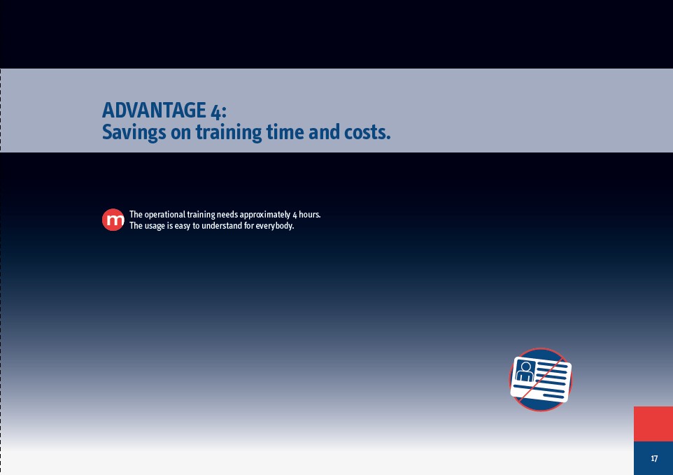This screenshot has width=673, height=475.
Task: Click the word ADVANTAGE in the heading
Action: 154,111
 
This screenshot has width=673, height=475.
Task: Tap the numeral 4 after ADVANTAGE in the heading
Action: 216,111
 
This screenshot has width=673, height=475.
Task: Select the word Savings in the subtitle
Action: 134,132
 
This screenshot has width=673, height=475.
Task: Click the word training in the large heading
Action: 229,132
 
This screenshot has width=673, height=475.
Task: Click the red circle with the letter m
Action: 113,220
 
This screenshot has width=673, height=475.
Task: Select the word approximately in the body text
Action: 265,215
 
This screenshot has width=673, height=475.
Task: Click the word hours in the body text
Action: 309,214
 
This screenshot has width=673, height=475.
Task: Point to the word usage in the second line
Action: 155,226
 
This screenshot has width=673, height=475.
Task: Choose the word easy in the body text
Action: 183,226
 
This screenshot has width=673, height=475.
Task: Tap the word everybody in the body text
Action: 274,226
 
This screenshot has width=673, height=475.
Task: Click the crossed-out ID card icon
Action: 541,380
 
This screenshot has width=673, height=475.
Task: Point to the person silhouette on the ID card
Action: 525,371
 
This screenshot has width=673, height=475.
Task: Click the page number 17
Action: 654,458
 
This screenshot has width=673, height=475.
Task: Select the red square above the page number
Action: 653,424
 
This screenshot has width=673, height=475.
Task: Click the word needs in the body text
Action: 227,215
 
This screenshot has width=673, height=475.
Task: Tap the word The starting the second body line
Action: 136,226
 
